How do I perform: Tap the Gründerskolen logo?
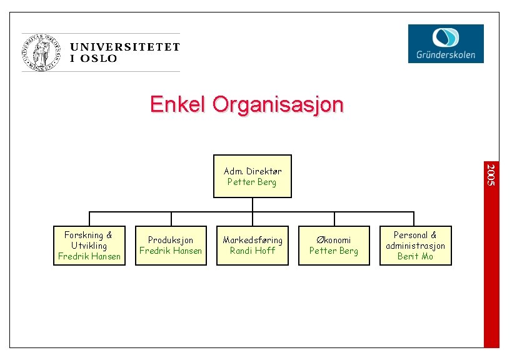(446, 43)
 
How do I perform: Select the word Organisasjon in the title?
(278, 104)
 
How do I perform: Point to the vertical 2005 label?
(491, 174)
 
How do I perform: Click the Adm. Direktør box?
(253, 176)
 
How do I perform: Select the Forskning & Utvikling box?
(89, 246)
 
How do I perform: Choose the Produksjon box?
(171, 246)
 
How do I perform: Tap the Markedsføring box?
(253, 246)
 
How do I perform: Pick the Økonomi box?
(334, 246)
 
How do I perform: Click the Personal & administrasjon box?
(415, 246)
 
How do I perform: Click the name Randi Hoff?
(253, 251)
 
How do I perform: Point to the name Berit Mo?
(415, 256)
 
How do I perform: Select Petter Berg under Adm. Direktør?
(251, 182)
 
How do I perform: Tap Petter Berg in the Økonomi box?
(334, 251)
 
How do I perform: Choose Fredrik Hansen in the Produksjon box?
(171, 251)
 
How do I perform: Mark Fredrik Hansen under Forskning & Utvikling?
(89, 256)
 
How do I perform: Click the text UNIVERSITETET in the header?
(125, 47)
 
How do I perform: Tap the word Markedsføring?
(253, 240)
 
